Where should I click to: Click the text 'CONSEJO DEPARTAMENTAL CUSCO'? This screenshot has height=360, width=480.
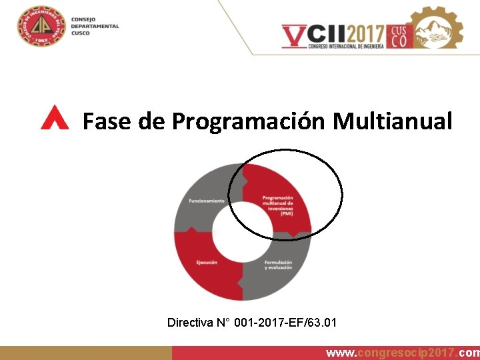tap(94, 26)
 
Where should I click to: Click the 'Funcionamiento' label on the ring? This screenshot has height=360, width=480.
tap(206, 201)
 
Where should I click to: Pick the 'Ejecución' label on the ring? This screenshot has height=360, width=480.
tap(207, 262)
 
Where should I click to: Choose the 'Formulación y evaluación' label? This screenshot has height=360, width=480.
tap(279, 265)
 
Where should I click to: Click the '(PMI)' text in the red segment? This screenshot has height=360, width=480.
tap(286, 213)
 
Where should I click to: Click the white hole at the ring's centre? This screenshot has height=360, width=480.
tap(242, 233)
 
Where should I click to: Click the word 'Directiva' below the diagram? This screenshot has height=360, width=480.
tap(190, 323)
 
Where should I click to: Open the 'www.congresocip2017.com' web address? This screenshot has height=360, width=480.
tap(402, 353)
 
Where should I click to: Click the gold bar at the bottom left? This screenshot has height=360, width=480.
tap(85, 353)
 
